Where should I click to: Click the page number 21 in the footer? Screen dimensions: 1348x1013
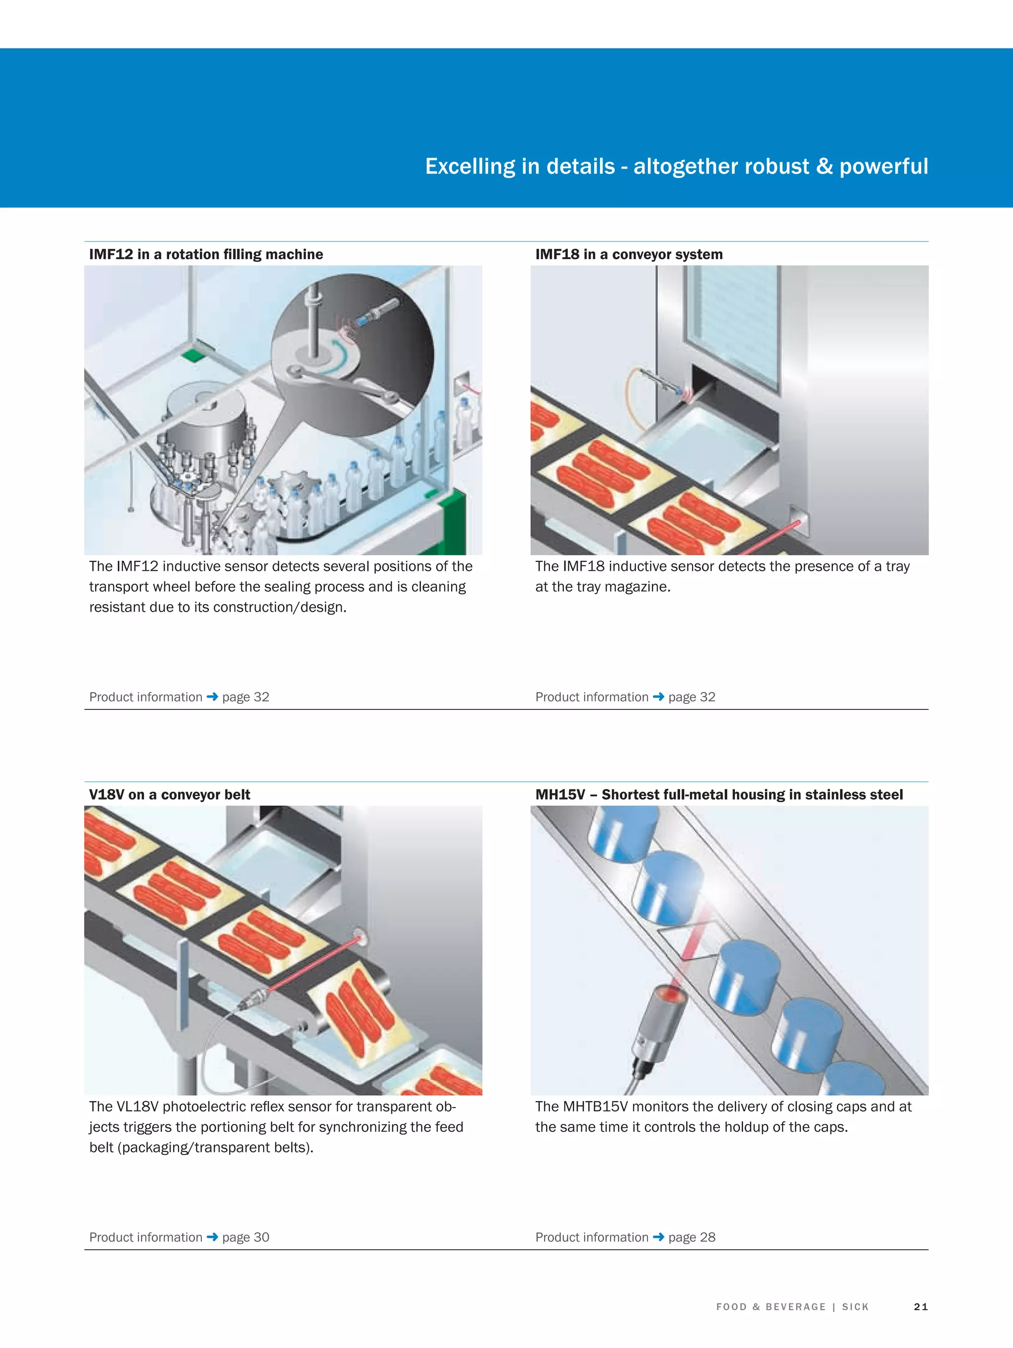[x=921, y=1306]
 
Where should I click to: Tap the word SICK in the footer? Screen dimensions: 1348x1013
[x=855, y=1306]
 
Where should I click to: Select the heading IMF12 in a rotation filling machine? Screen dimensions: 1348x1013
[x=206, y=254]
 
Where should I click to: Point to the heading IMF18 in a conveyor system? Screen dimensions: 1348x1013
[x=628, y=254]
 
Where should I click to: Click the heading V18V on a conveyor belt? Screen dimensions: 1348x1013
[x=170, y=794]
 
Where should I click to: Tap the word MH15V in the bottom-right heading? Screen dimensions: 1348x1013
[x=559, y=794]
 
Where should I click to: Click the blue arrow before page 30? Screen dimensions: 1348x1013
[x=212, y=1237]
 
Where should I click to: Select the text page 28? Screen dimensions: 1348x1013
[x=692, y=1237]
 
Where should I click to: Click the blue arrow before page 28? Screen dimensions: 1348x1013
[x=658, y=1237]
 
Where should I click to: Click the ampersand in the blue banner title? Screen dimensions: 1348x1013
[x=824, y=166]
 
